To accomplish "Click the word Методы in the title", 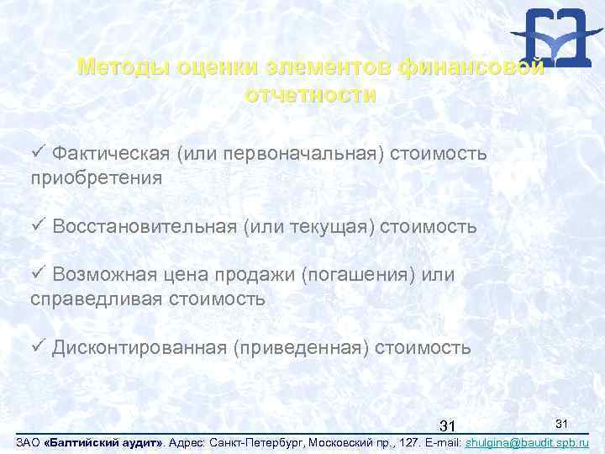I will pyautogui.click(x=116, y=66).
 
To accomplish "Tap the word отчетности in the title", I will pyautogui.click(x=310, y=94).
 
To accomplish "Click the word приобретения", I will pyautogui.click(x=96, y=177).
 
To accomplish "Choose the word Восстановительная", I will pyautogui.click(x=145, y=227).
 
